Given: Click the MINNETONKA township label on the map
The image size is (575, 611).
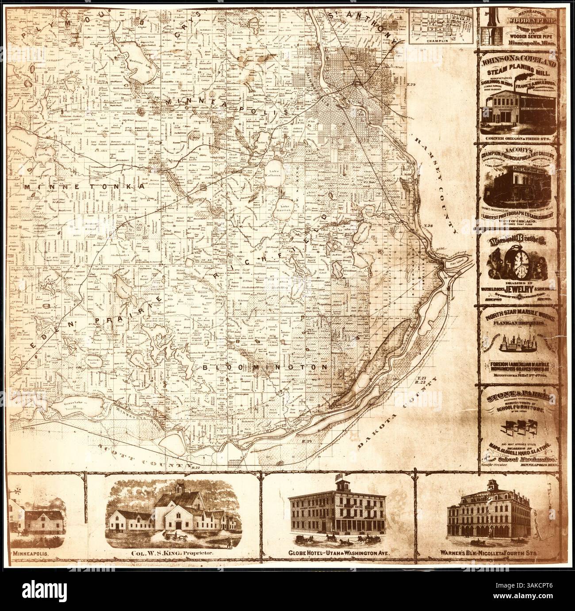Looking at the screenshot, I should (84, 187).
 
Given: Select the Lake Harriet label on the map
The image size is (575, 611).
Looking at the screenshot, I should (285, 208).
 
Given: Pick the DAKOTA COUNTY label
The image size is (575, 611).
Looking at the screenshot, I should (400, 413).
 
